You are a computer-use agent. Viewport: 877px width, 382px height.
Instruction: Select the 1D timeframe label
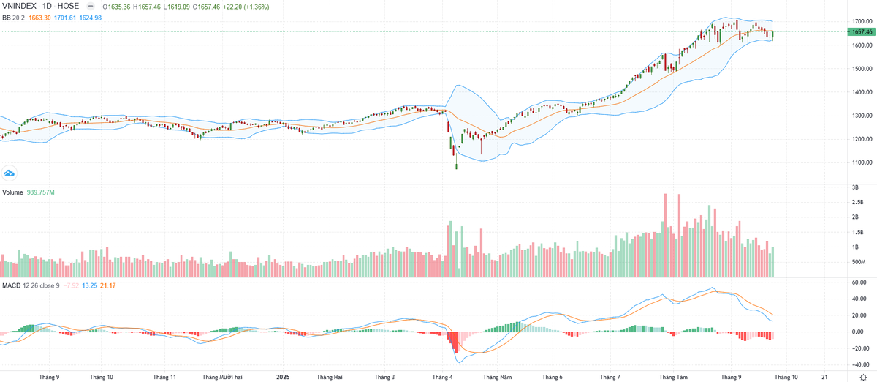[53, 5]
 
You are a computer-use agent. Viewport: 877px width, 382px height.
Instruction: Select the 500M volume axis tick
[859, 262]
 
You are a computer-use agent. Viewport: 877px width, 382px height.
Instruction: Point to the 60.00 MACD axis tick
[859, 282]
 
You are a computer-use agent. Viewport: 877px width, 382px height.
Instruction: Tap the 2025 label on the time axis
[283, 377]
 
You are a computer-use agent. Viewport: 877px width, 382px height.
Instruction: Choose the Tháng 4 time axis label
[443, 377]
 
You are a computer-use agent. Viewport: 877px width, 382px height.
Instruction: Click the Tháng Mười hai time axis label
[222, 377]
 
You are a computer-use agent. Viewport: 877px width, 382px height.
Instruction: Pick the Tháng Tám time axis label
[673, 377]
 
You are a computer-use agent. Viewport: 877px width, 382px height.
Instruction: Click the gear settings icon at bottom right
[862, 377]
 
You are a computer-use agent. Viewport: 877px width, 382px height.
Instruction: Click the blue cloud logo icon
[10, 173]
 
